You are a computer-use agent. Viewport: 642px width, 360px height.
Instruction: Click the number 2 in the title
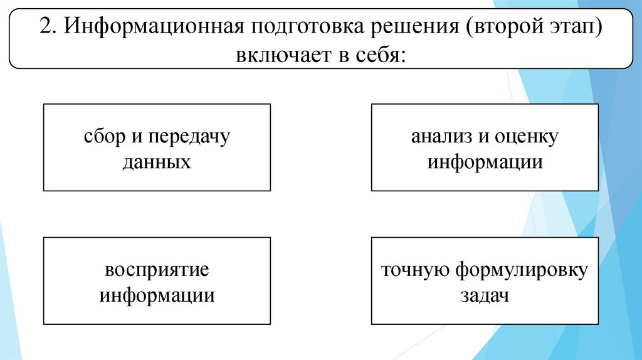(x=44, y=28)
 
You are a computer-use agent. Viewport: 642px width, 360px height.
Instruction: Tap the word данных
(x=157, y=162)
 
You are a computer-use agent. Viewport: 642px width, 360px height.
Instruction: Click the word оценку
(x=526, y=136)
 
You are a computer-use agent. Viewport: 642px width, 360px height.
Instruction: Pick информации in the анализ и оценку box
(x=485, y=162)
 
